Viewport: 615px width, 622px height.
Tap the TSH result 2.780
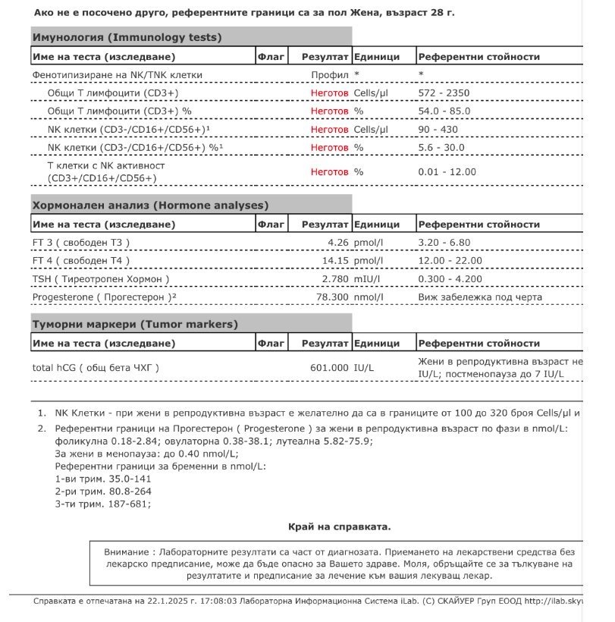coord(333,279)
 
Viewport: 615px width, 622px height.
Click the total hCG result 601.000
coord(330,368)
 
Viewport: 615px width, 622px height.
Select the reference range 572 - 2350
coord(444,93)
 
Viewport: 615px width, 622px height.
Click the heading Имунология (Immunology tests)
coord(127,37)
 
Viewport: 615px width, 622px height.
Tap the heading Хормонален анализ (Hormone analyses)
coord(150,206)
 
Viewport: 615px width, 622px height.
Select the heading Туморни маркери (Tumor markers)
coord(135,325)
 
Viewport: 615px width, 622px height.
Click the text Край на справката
coord(340,526)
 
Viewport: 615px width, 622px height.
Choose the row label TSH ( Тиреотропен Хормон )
coord(101,279)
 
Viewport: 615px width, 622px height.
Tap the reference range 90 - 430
coord(438,129)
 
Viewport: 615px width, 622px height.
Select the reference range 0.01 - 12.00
coord(447,172)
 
